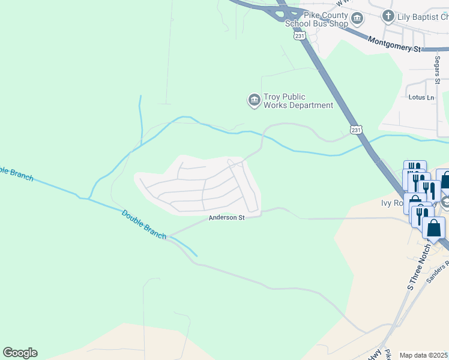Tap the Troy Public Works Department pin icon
(254, 100)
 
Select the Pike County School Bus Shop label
(316, 19)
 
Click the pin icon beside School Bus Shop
(357, 19)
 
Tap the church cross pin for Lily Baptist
(388, 16)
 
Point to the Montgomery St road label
(395, 44)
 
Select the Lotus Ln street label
(421, 97)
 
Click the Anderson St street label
(226, 218)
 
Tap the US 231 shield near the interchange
(300, 37)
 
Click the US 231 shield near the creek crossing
(356, 130)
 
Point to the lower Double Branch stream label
(143, 224)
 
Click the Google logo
(20, 353)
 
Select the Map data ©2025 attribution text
(423, 355)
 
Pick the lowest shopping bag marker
(433, 228)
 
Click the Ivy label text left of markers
(391, 203)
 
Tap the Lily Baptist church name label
(423, 16)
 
